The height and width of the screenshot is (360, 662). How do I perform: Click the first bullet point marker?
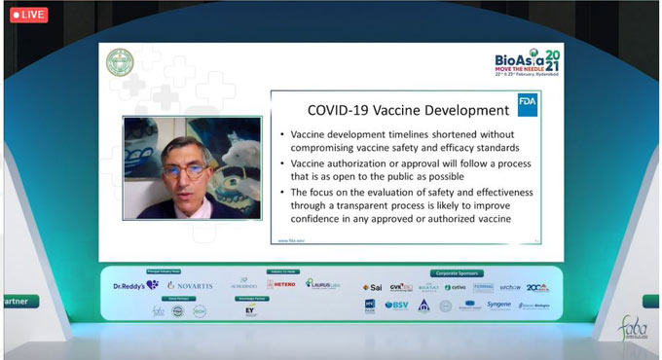(x=281, y=133)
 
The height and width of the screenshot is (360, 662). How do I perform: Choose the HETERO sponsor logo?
(x=281, y=285)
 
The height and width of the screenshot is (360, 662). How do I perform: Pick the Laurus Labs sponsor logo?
(x=322, y=284)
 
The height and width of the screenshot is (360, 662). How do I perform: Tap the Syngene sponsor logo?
(x=498, y=305)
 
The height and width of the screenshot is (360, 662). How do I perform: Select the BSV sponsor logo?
(x=396, y=306)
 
